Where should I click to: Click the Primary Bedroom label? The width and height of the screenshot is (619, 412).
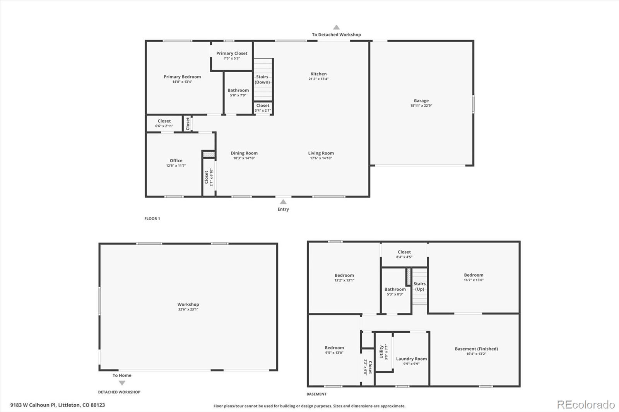(x=182, y=77)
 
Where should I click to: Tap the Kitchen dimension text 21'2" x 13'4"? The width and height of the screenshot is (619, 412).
(x=318, y=79)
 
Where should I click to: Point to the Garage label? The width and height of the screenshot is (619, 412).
(x=421, y=101)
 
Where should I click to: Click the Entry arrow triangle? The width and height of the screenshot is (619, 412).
(x=283, y=202)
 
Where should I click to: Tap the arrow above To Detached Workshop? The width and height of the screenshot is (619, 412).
(x=337, y=27)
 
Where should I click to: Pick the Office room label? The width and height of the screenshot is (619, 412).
(x=176, y=161)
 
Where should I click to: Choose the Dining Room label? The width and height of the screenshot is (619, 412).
(x=244, y=153)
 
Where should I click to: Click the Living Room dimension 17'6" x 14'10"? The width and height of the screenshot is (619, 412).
(x=321, y=158)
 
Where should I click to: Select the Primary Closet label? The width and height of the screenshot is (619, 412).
(x=232, y=54)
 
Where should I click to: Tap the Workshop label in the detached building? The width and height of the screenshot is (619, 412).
(x=188, y=305)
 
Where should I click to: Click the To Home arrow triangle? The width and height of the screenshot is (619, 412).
(x=122, y=383)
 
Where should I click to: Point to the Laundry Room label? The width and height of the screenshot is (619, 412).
(x=411, y=359)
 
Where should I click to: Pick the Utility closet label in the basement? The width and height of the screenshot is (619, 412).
(x=381, y=352)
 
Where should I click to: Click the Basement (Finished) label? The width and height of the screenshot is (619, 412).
(x=476, y=349)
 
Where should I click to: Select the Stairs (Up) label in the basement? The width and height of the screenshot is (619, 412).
(x=419, y=286)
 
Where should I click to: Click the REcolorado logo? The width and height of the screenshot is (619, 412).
(x=586, y=405)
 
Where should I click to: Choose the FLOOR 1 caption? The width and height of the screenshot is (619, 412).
(x=152, y=219)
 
